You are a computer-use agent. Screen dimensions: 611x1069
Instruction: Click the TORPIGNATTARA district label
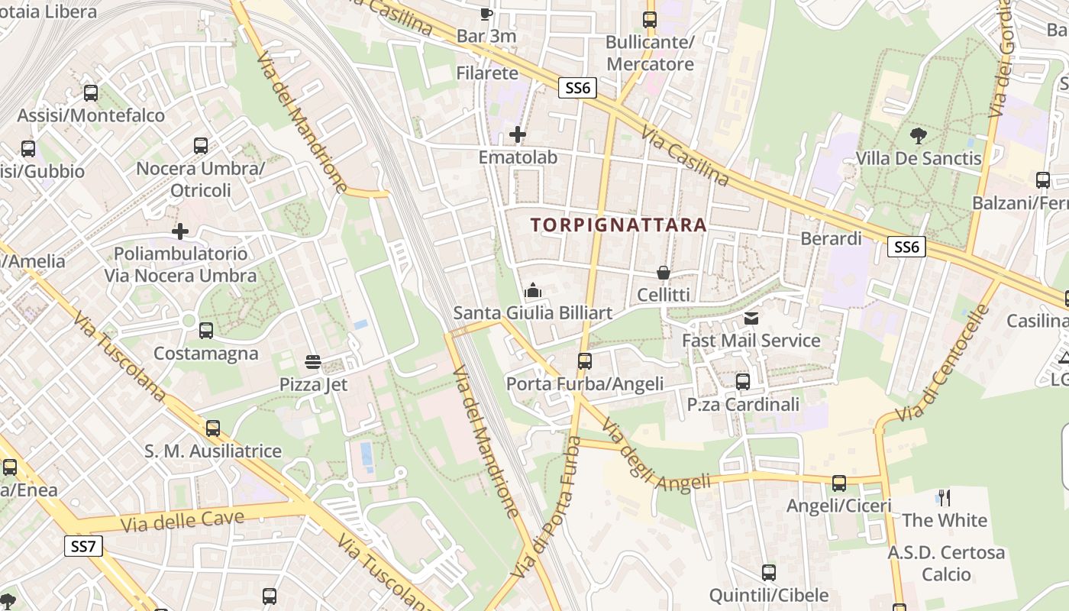(x=618, y=225)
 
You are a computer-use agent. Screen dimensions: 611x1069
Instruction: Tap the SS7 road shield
(x=82, y=546)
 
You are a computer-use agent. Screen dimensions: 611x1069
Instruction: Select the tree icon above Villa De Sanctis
(x=919, y=136)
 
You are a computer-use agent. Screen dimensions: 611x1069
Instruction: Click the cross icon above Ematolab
(x=518, y=135)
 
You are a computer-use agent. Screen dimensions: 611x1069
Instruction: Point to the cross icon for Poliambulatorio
(x=180, y=231)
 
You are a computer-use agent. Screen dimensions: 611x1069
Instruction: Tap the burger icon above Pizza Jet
(x=313, y=361)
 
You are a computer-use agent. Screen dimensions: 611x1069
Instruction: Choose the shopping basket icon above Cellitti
(x=664, y=273)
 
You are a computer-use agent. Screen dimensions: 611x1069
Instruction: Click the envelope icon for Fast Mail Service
(x=751, y=318)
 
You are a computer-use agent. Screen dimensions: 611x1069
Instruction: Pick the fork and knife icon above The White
(x=945, y=498)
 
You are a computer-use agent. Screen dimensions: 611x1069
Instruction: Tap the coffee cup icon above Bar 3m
(x=486, y=14)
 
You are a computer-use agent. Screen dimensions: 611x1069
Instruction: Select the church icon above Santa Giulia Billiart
(x=533, y=290)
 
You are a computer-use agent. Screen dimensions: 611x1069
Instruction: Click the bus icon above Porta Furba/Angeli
(x=585, y=360)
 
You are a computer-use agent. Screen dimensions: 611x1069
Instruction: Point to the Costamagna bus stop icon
(x=205, y=331)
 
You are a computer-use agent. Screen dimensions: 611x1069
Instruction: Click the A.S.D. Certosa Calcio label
(x=946, y=563)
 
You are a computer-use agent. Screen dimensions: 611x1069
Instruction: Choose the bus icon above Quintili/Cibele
(x=769, y=573)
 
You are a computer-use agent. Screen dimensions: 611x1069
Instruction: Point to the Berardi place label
(x=831, y=239)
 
